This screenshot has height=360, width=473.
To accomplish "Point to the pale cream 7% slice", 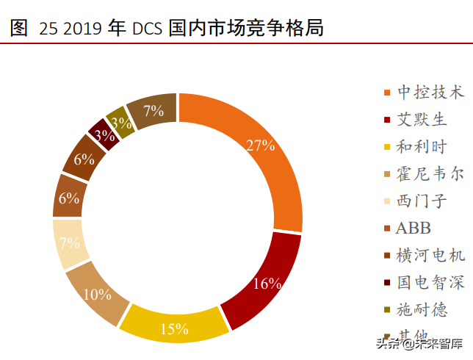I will (71, 243).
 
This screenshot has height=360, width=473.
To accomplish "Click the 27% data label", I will (260, 145).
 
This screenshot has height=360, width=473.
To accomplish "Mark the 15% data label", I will (175, 329).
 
